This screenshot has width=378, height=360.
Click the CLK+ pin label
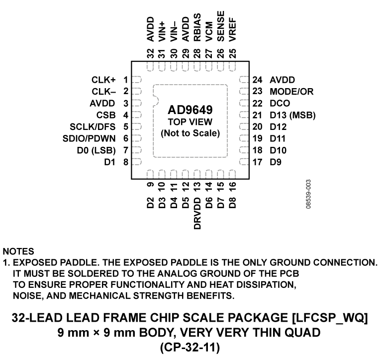click(104, 80)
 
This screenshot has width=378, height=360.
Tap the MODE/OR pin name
click(291, 92)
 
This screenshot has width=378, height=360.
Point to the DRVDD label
click(197, 213)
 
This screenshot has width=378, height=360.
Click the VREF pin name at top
click(233, 30)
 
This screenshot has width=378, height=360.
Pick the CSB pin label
click(107, 115)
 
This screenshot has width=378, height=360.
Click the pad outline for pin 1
click(138, 80)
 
